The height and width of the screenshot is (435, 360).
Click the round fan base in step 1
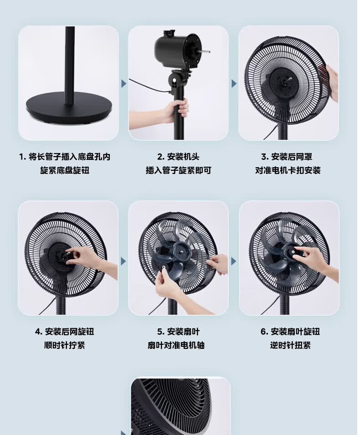pos(69,109)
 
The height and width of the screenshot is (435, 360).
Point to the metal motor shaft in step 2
pos(205,51)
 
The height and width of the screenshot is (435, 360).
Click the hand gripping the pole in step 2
pos(178,110)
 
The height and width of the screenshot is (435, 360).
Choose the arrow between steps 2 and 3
pos(234,83)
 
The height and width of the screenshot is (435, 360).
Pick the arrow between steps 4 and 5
pos(123,261)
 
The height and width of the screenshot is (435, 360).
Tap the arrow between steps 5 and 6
pos(234,261)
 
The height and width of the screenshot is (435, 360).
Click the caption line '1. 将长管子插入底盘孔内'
pos(65,157)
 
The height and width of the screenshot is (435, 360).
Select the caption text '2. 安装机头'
pos(178,157)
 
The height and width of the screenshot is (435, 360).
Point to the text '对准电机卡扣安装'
pos(288,170)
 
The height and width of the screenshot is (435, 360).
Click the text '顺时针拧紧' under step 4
pos(65,345)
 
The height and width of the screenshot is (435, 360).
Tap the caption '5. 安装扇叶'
pos(179,332)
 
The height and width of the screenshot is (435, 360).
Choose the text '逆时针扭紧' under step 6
pos(290,345)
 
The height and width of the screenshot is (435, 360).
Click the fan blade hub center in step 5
pos(181,251)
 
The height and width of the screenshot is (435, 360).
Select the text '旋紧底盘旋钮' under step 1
pos(65,170)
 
